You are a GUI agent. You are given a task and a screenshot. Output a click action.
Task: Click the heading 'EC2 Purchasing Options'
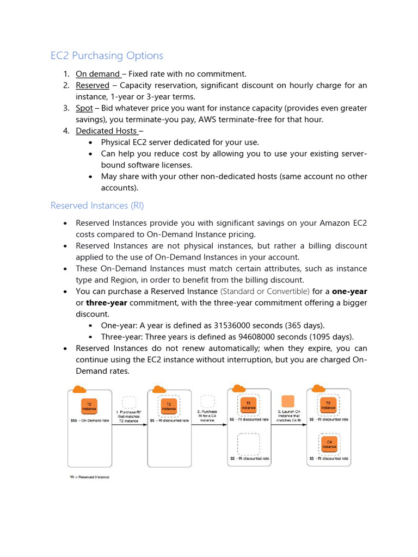point(107,55)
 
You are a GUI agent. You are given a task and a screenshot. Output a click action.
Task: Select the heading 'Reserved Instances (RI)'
point(97,205)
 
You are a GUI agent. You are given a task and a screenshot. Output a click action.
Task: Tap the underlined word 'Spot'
point(84,108)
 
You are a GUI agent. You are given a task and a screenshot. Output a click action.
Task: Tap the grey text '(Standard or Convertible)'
point(265,292)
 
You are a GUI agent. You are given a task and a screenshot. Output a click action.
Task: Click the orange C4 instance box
point(328,443)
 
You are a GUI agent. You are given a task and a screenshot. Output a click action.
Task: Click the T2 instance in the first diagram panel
point(89,406)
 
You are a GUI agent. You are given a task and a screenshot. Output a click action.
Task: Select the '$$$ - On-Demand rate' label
point(90,420)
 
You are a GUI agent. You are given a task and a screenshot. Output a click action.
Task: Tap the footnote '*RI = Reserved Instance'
point(88,477)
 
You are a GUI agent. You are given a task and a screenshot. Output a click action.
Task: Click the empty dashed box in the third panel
point(248,444)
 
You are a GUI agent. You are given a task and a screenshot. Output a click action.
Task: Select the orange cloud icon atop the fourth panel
point(315,388)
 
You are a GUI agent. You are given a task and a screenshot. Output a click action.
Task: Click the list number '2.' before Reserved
point(66,85)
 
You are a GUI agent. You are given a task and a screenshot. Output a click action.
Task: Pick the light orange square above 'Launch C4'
point(288,401)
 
